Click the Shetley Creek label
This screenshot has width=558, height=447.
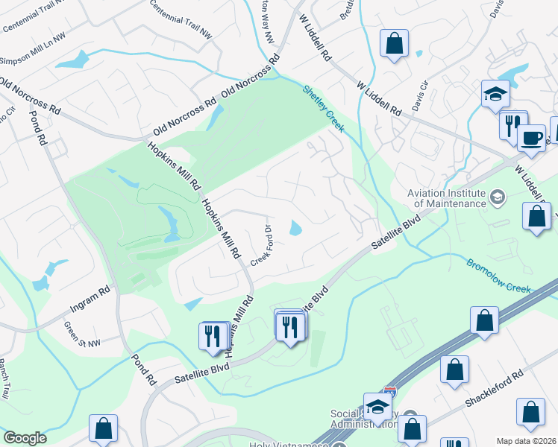pos(324,109)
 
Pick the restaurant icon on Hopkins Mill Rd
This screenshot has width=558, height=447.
pos(212,335)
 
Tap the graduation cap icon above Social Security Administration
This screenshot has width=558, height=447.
pos(378,407)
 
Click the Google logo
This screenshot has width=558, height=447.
pos(24,438)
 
